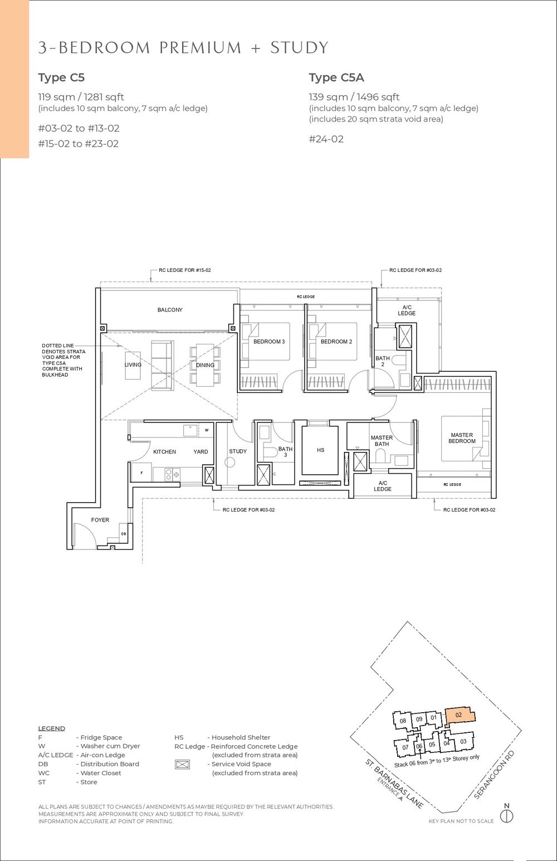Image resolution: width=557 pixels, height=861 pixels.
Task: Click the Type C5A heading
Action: (x=336, y=77)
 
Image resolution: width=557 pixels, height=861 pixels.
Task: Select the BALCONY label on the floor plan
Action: (x=169, y=310)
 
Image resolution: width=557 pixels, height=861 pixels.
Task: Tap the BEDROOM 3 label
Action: (x=269, y=342)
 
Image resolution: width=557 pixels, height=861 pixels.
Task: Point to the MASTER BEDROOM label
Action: (x=462, y=438)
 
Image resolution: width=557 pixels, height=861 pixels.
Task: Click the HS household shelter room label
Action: (x=320, y=450)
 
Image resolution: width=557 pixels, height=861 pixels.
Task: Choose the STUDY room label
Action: (x=237, y=451)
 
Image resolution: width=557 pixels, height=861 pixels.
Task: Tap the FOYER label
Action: (x=100, y=520)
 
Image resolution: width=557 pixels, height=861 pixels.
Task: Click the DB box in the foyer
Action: (x=124, y=534)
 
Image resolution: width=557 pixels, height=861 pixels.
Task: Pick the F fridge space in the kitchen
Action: (x=141, y=473)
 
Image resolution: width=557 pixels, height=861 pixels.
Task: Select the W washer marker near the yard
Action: (x=206, y=430)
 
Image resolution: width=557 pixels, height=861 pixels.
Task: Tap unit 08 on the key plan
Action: (x=403, y=722)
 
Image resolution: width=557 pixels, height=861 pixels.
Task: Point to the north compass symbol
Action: (x=506, y=816)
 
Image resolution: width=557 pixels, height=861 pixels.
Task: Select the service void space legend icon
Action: (x=182, y=765)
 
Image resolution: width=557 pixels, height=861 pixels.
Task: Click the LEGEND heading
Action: (x=51, y=728)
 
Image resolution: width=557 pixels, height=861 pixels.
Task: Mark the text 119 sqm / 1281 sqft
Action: (x=81, y=97)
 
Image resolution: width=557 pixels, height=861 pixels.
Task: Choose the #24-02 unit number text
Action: (x=326, y=139)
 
